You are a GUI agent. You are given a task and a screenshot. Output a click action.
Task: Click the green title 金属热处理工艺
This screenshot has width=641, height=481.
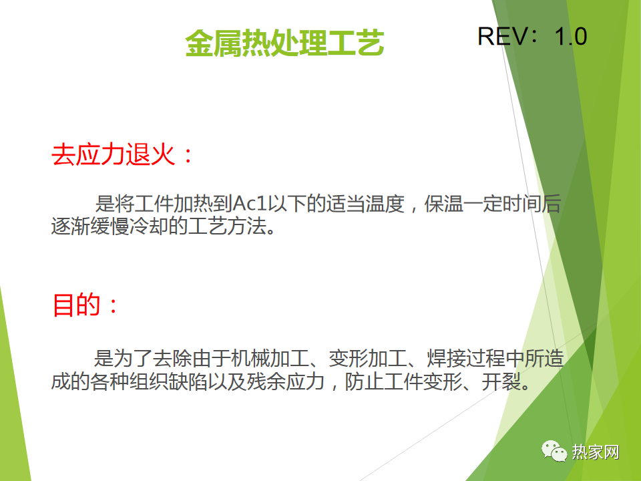click(x=284, y=43)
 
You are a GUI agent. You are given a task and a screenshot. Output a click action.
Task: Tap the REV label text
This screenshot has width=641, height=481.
click(x=503, y=36)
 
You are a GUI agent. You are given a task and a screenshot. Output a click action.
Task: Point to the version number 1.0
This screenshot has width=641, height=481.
click(x=571, y=36)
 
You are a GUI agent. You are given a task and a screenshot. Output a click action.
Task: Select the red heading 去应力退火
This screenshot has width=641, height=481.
click(x=113, y=154)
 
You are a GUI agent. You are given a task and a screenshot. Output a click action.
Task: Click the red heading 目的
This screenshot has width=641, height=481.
click(x=76, y=305)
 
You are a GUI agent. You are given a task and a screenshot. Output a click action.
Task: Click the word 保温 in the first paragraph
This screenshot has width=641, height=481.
click(x=443, y=203)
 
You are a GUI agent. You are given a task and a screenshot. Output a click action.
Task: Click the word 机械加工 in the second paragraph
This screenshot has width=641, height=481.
click(x=270, y=358)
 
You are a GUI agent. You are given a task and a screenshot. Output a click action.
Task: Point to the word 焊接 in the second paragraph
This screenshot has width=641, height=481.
click(x=447, y=358)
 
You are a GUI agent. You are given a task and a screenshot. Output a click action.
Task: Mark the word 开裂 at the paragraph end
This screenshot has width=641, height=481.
click(x=501, y=381)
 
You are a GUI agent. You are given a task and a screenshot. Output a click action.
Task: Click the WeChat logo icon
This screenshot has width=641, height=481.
click(x=554, y=451)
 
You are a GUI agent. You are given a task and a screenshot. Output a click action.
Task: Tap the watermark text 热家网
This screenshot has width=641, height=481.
click(x=595, y=452)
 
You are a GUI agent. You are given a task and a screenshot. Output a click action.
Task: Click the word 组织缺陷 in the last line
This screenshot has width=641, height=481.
click(x=168, y=381)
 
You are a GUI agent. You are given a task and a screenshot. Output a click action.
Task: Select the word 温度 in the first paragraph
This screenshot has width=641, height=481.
click(x=385, y=203)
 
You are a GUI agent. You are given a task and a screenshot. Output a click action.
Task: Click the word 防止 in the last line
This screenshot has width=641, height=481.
click(x=365, y=381)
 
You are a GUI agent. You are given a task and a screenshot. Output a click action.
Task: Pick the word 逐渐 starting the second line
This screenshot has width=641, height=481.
click(x=71, y=226)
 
